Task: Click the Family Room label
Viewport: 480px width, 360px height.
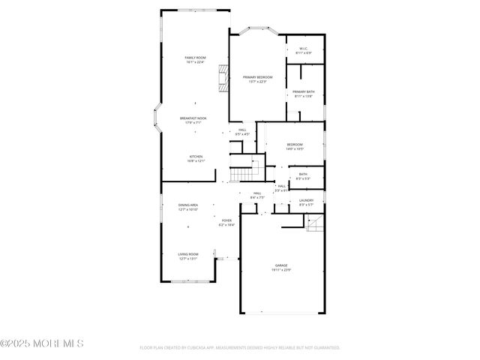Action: (195, 60)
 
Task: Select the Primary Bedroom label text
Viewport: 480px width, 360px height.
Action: (257, 79)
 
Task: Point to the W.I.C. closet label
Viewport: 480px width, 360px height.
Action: (304, 51)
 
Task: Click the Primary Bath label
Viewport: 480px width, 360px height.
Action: (304, 94)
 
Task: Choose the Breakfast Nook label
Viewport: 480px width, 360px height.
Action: (193, 120)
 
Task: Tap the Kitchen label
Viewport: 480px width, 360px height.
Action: (196, 158)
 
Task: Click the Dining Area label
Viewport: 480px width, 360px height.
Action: (187, 207)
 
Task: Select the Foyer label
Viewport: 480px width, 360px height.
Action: (226, 222)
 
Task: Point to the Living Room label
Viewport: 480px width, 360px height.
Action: (187, 256)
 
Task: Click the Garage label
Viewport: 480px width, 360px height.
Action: (281, 268)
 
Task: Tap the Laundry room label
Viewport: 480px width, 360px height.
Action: (306, 202)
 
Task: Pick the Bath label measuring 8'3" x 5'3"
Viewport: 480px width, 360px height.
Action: (303, 176)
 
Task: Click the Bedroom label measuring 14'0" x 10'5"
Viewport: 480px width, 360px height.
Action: (294, 146)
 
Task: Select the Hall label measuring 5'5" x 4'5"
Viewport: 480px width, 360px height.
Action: (242, 132)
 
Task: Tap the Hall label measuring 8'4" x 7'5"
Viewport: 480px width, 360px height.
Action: (256, 196)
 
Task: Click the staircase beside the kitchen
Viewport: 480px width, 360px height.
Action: (240, 174)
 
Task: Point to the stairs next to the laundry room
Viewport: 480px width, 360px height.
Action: (314, 223)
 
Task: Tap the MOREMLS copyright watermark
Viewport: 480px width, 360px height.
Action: (42, 343)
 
